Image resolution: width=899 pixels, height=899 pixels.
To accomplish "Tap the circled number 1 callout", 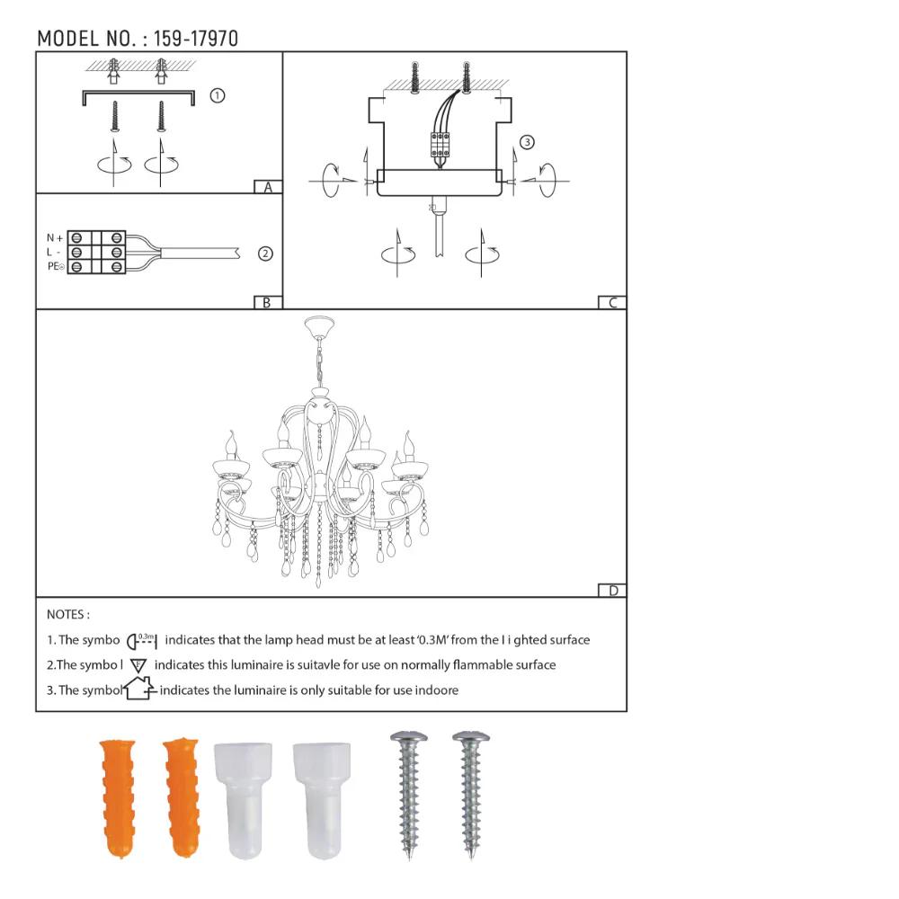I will pyautogui.click(x=217, y=96).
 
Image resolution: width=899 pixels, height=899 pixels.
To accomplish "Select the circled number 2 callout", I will pyautogui.click(x=265, y=254).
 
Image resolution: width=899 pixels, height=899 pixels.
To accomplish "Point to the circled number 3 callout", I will pyautogui.click(x=527, y=142).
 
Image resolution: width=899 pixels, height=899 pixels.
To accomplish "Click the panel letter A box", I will pyautogui.click(x=268, y=187).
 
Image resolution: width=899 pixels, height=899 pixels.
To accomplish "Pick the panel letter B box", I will pyautogui.click(x=268, y=303).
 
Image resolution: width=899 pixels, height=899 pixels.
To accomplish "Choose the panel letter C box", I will pyautogui.click(x=612, y=303).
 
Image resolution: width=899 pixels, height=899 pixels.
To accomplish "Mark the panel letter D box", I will pyautogui.click(x=612, y=591).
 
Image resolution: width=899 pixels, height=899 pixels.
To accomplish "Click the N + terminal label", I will pyautogui.click(x=55, y=238).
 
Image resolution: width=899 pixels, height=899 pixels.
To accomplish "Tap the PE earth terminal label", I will pyautogui.click(x=55, y=267).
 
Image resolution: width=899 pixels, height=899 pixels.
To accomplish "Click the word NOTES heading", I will pyautogui.click(x=67, y=615).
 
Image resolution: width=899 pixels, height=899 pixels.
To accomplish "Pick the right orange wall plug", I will pyautogui.click(x=182, y=797).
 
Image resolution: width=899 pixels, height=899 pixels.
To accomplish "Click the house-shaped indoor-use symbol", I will pyautogui.click(x=139, y=690).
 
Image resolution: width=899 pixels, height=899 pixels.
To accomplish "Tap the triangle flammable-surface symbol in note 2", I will pyautogui.click(x=138, y=665).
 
